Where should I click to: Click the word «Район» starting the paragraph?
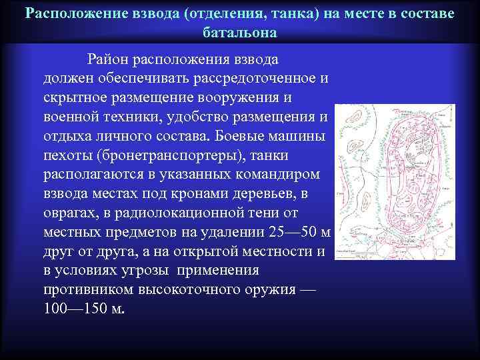(x=108, y=60)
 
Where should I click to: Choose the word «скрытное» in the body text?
(x=73, y=98)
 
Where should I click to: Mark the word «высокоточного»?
(x=197, y=291)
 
